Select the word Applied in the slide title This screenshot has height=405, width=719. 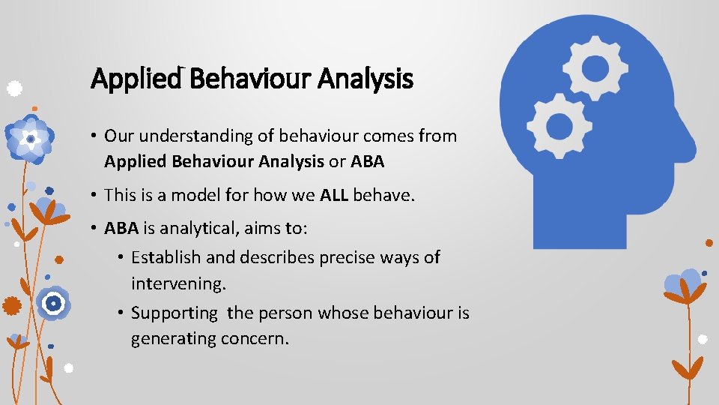137,79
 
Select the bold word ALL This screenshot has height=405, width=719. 334,196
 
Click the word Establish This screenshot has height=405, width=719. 166,258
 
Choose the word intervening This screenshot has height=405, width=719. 178,284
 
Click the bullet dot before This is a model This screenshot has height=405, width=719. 94,196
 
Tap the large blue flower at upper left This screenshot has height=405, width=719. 30,139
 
